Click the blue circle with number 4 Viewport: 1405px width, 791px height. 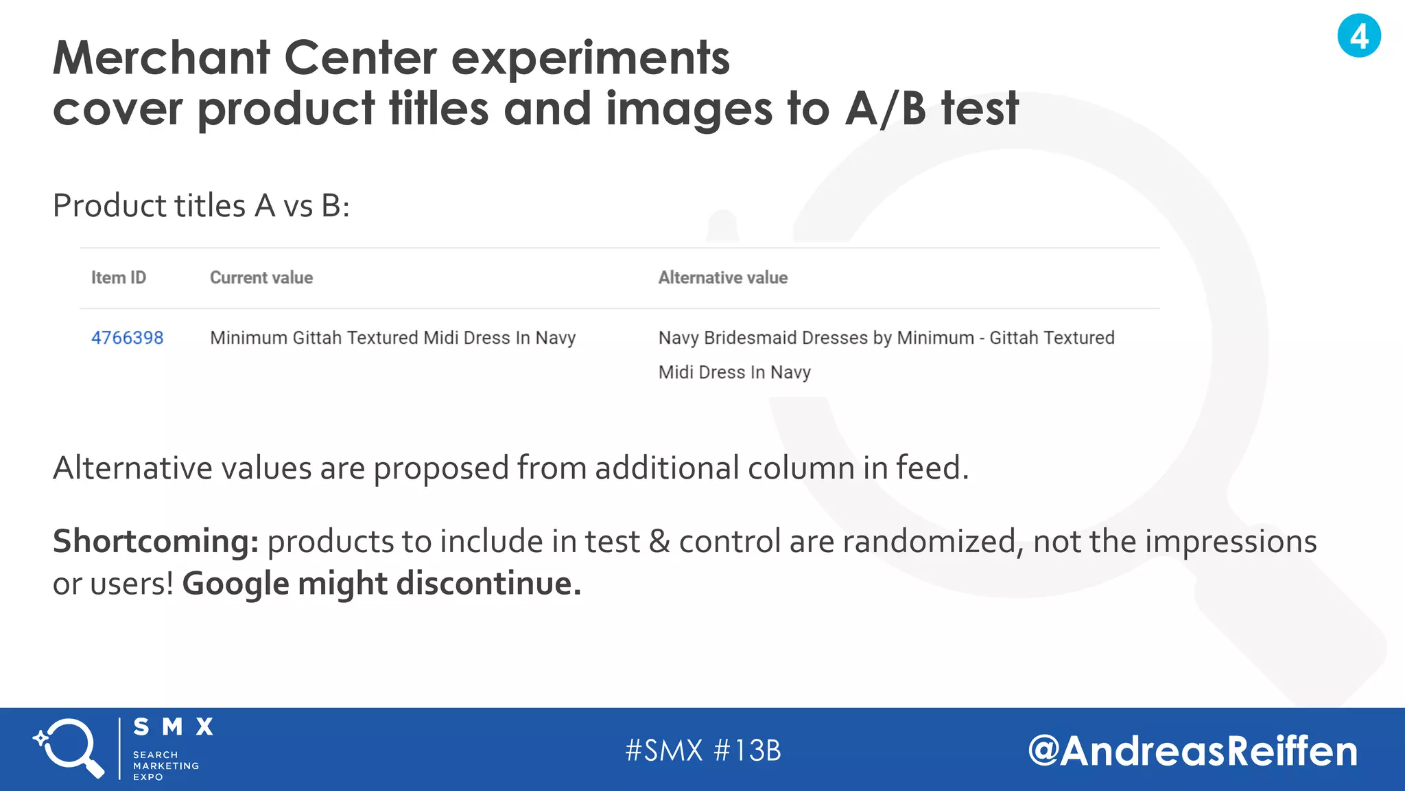[1358, 36]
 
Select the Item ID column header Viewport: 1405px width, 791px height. [119, 277]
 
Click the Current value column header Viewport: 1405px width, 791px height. [261, 277]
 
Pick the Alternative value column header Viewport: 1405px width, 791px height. [723, 277]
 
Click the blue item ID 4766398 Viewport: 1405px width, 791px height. [128, 338]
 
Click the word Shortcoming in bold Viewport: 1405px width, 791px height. [155, 541]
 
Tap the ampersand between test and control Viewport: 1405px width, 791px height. [659, 541]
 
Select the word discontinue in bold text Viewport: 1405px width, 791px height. [488, 584]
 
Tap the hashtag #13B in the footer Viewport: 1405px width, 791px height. [748, 750]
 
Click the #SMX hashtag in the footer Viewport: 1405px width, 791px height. [664, 750]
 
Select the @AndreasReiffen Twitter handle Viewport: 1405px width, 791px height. [1192, 750]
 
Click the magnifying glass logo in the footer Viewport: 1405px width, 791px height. [69, 748]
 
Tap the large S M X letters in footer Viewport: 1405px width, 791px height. [173, 727]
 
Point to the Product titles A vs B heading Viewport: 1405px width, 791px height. [201, 205]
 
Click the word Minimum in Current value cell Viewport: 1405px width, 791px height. [248, 338]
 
